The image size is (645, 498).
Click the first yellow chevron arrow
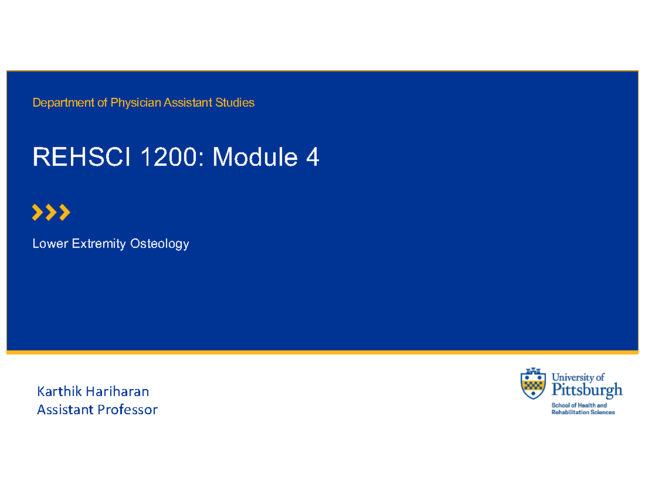click(x=38, y=213)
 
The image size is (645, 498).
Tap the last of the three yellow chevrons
click(x=64, y=213)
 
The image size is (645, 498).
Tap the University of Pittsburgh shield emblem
click(x=533, y=382)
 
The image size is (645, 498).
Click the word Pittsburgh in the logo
click(x=585, y=389)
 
